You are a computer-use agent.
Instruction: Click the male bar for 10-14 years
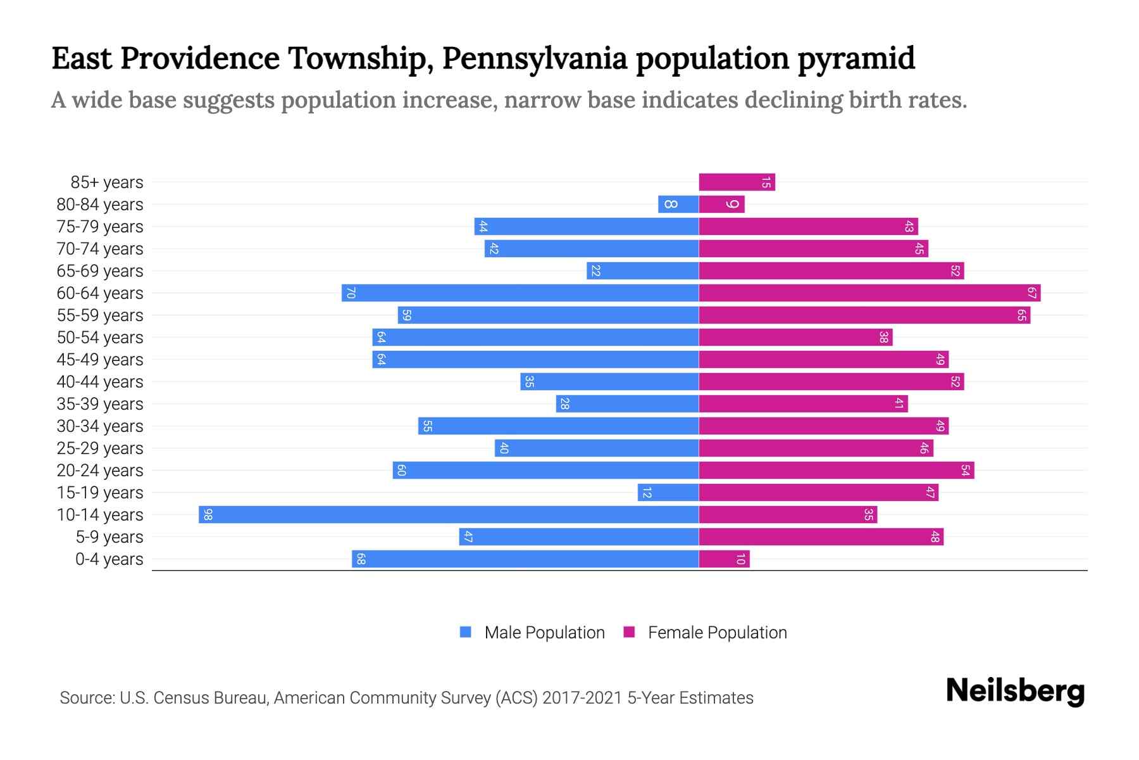click(x=449, y=514)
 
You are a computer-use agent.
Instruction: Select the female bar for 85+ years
click(x=737, y=182)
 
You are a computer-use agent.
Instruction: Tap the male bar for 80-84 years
click(x=678, y=205)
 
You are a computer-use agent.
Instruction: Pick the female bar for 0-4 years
click(x=724, y=559)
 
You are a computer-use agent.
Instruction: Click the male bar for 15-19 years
click(x=668, y=493)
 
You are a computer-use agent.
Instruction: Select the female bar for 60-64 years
click(x=869, y=293)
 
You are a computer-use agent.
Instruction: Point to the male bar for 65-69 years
click(x=642, y=271)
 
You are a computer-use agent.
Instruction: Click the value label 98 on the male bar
click(x=208, y=514)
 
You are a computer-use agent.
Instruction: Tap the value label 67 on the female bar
click(x=1031, y=293)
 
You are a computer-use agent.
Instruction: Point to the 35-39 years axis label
click(x=100, y=404)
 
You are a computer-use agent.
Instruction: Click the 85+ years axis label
click(x=107, y=182)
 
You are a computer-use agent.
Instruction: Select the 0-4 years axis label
click(x=109, y=559)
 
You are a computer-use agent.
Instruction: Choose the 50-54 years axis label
click(x=100, y=338)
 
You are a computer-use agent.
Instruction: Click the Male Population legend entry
click(x=544, y=633)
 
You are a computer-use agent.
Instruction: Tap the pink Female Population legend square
click(x=629, y=632)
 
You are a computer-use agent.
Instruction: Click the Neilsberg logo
click(x=1015, y=692)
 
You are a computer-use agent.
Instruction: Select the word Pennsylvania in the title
click(x=535, y=58)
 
